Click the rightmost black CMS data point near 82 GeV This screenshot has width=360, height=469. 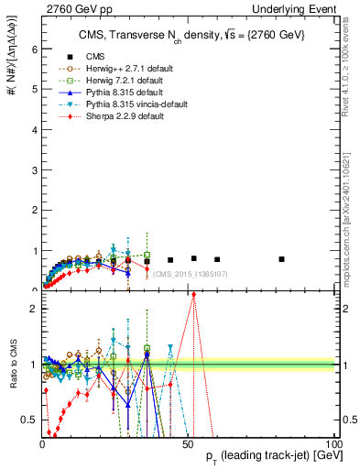point(281,259)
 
